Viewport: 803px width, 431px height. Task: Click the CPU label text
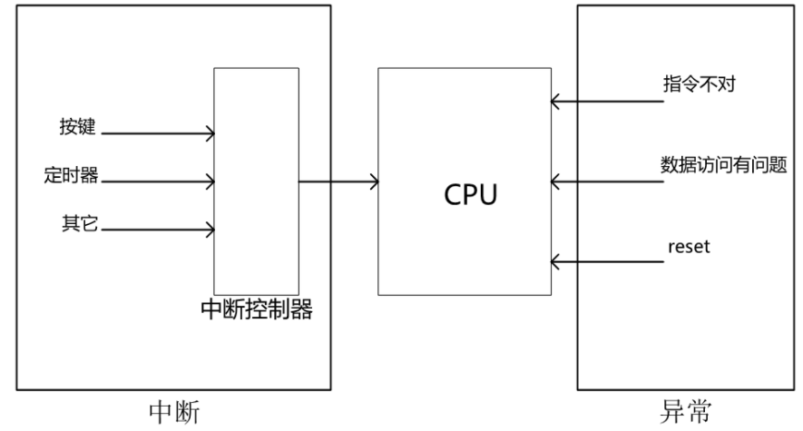[470, 194]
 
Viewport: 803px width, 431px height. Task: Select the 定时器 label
[71, 175]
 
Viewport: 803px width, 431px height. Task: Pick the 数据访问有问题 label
[722, 166]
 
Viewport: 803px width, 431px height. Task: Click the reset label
[688, 246]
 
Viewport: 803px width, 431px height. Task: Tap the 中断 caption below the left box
[173, 412]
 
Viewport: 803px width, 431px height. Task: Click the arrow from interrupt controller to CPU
[338, 182]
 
